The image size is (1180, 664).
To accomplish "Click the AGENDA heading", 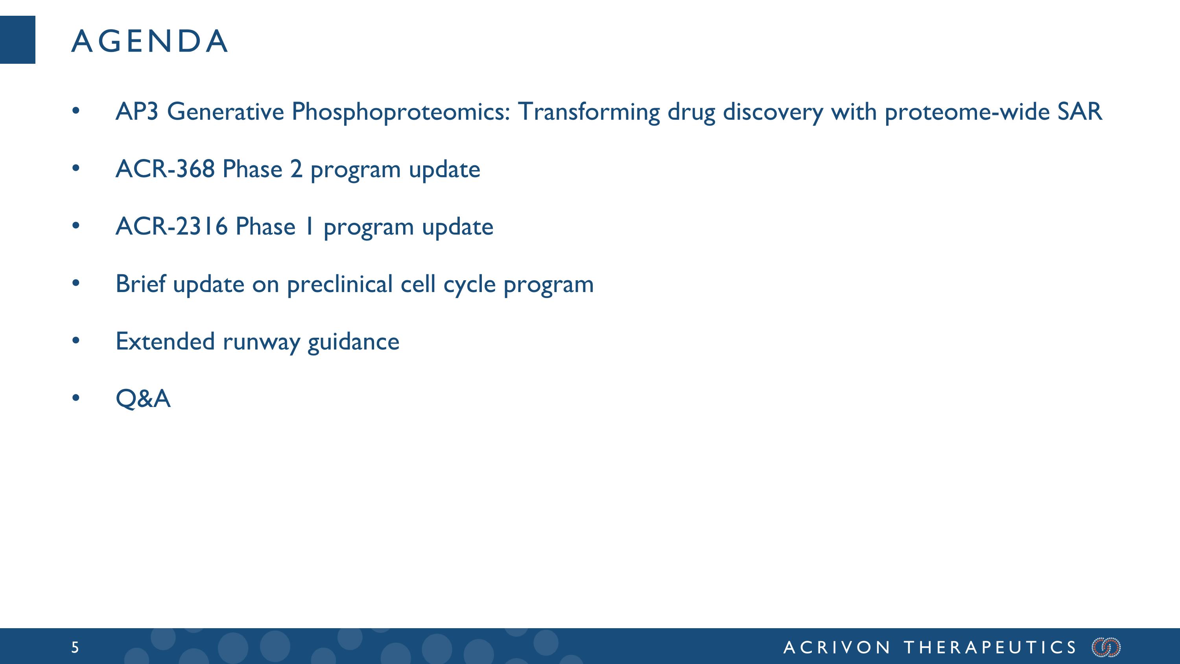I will (x=149, y=41).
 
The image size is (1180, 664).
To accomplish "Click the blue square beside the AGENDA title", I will (x=17, y=39).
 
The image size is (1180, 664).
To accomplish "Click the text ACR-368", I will (x=165, y=169).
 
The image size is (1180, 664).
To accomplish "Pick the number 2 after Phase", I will (x=296, y=169).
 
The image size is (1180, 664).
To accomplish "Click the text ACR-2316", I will (x=171, y=226).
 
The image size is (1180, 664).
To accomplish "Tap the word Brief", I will (x=140, y=284).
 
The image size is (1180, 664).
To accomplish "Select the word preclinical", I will (x=339, y=284).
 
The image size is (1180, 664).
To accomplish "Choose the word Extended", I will (x=165, y=341).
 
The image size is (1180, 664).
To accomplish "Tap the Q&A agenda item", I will (x=143, y=398).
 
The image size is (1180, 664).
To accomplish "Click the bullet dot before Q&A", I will (x=76, y=398).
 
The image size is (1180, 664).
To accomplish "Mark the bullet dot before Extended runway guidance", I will (x=76, y=340).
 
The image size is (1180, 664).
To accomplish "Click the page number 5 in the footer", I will (x=75, y=647).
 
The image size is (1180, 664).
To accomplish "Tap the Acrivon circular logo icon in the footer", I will (x=1106, y=647).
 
